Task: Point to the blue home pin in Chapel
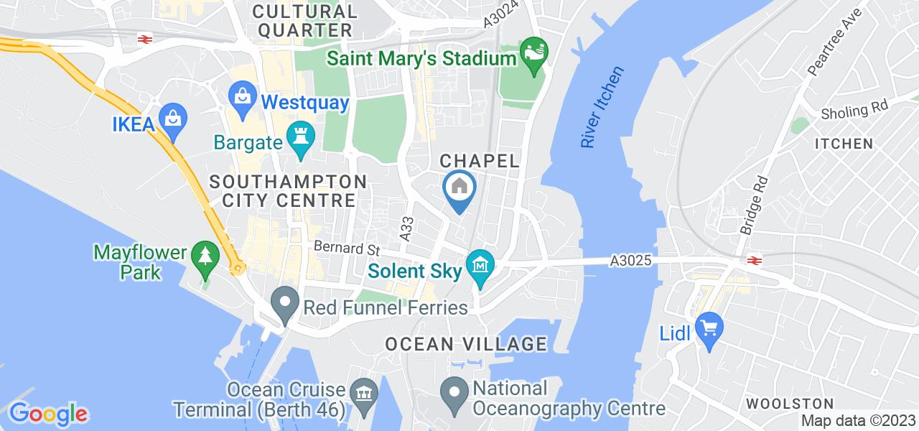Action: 459,188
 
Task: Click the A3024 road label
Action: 498,14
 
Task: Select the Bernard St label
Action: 346,249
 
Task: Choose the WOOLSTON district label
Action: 790,403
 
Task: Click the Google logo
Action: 48,414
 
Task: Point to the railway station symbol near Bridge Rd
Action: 754,260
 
